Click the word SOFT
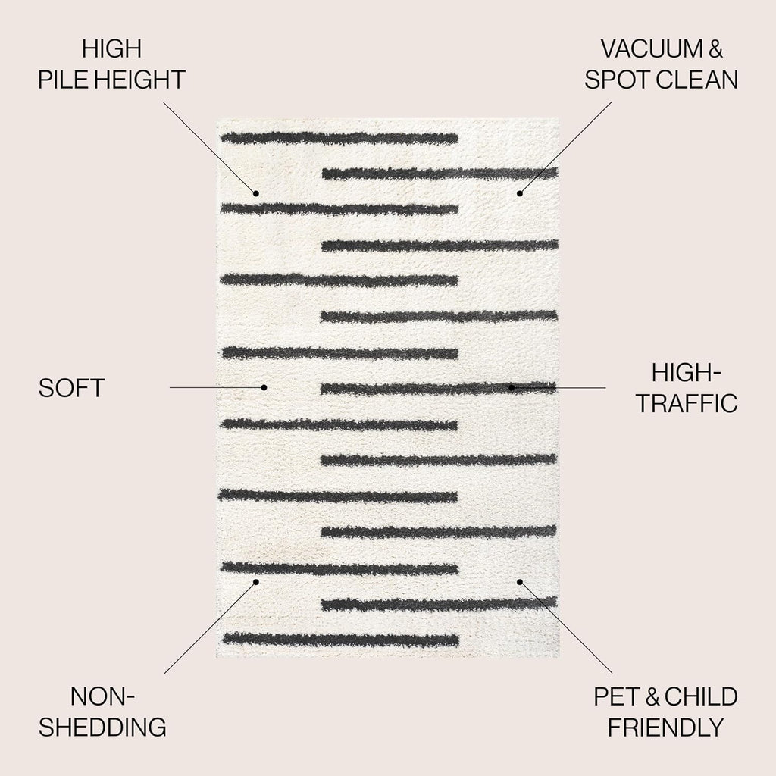tap(72, 388)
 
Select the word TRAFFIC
tap(687, 403)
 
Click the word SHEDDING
tap(102, 727)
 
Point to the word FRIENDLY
tap(665, 727)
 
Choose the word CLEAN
tap(699, 79)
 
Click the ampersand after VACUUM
tap(715, 48)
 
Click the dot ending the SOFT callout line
tap(264, 387)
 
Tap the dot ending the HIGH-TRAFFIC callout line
tap(512, 387)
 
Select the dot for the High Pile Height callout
tap(256, 193)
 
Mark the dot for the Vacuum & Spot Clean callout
tap(520, 193)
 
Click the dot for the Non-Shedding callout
tap(256, 582)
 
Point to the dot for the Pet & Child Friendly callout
tap(520, 582)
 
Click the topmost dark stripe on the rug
tap(339, 138)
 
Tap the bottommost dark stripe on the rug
tap(340, 640)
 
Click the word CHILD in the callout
tap(701, 697)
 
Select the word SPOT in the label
tap(620, 79)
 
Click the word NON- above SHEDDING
tap(102, 697)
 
